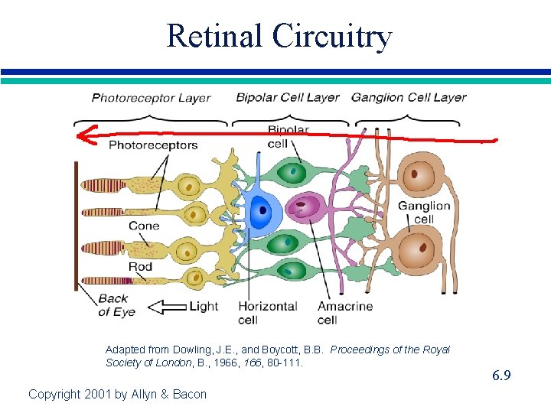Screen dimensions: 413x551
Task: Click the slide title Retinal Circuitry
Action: pyautogui.click(x=279, y=36)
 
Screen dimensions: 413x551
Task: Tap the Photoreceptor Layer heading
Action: pyautogui.click(x=151, y=97)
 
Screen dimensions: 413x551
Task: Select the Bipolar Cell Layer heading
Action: pyautogui.click(x=287, y=97)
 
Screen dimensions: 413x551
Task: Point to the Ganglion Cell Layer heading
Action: pyautogui.click(x=409, y=97)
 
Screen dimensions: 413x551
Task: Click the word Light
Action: pyautogui.click(x=204, y=307)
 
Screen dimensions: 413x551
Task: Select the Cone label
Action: pyautogui.click(x=143, y=226)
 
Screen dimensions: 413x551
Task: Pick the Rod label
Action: pyautogui.click(x=140, y=267)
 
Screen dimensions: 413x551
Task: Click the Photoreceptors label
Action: pyautogui.click(x=153, y=145)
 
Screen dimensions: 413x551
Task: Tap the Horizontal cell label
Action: pyautogui.click(x=268, y=312)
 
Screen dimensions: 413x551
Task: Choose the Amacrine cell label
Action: pyautogui.click(x=345, y=312)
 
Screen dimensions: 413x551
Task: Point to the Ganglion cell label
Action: pyautogui.click(x=424, y=213)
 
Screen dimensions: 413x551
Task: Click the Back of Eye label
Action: pyautogui.click(x=116, y=305)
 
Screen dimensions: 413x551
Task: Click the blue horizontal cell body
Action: pyautogui.click(x=261, y=209)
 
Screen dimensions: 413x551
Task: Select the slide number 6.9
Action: pyautogui.click(x=501, y=376)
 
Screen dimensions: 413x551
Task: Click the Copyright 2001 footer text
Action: pyautogui.click(x=117, y=394)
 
